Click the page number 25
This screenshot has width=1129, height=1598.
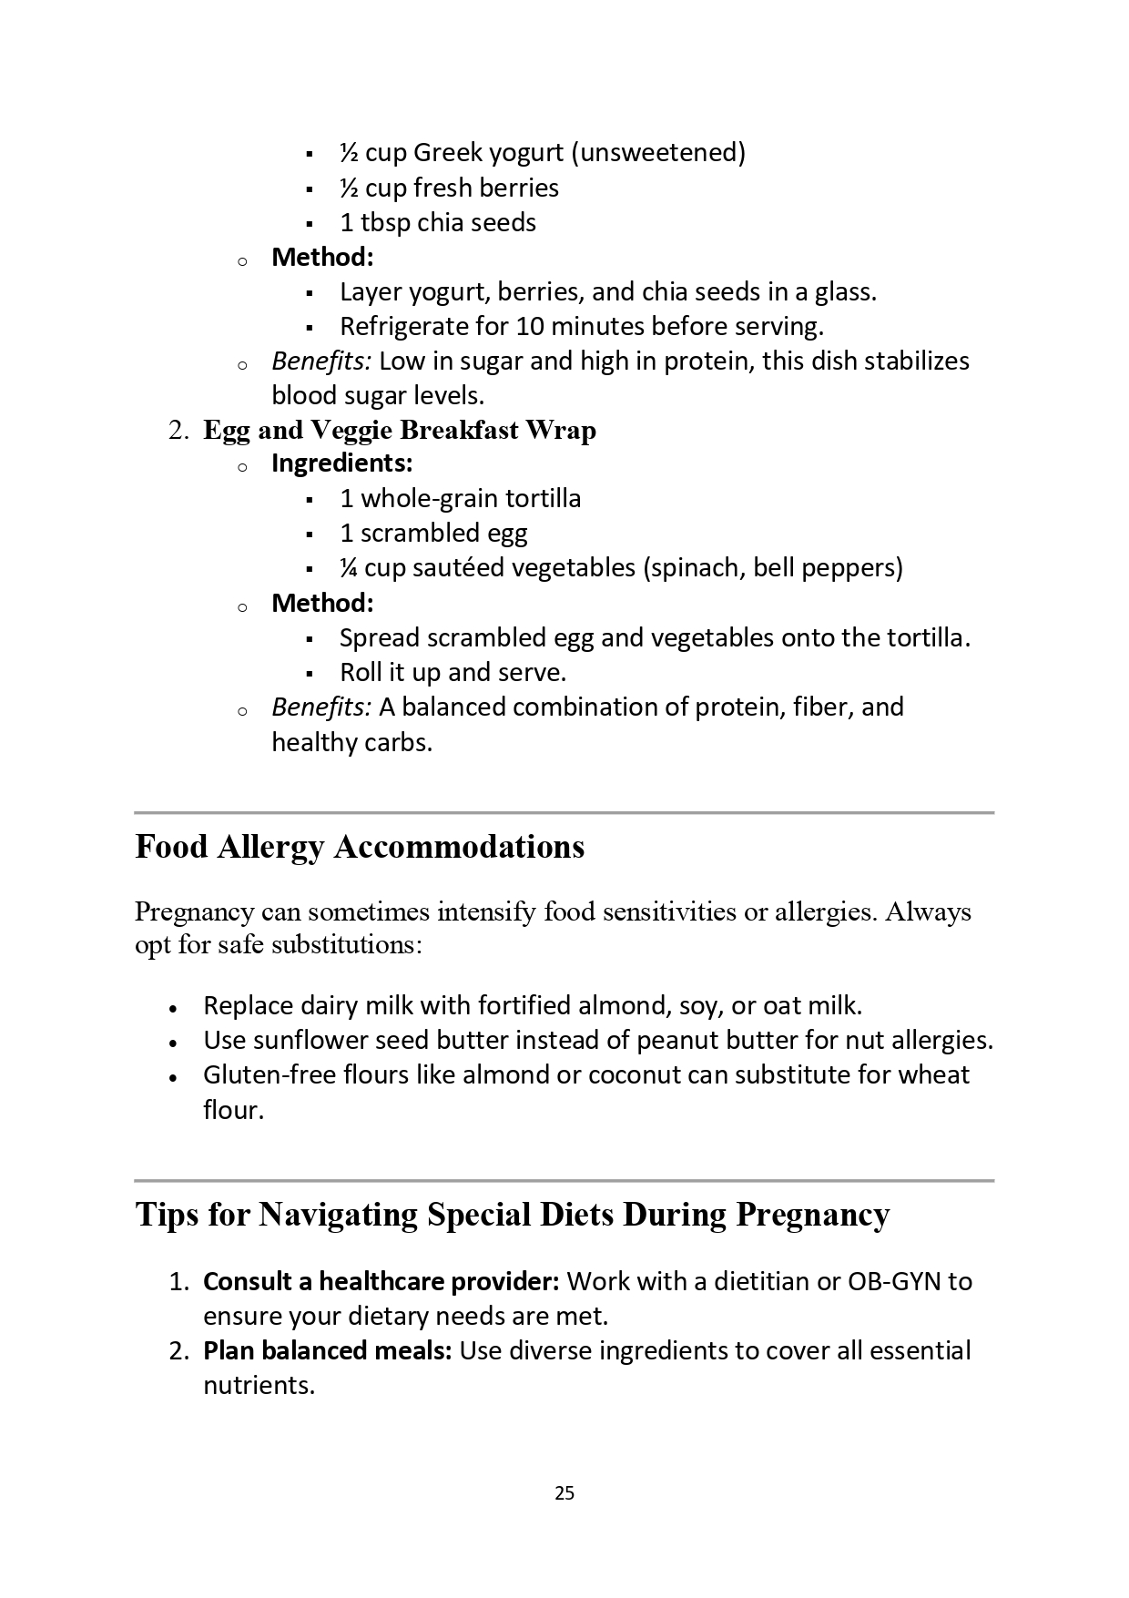pyautogui.click(x=564, y=1492)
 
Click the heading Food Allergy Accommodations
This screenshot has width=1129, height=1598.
pyautogui.click(x=360, y=847)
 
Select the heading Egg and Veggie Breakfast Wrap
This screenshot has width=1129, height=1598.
pyautogui.click(x=400, y=430)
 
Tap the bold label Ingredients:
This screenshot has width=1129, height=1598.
pyautogui.click(x=342, y=463)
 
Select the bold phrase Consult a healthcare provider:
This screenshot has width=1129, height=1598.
pyautogui.click(x=381, y=1281)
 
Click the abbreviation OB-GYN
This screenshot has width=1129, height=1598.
pyautogui.click(x=894, y=1281)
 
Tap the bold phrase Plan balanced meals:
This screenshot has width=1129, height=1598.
pyautogui.click(x=328, y=1350)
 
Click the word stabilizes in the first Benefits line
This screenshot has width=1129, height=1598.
pyautogui.click(x=916, y=361)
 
